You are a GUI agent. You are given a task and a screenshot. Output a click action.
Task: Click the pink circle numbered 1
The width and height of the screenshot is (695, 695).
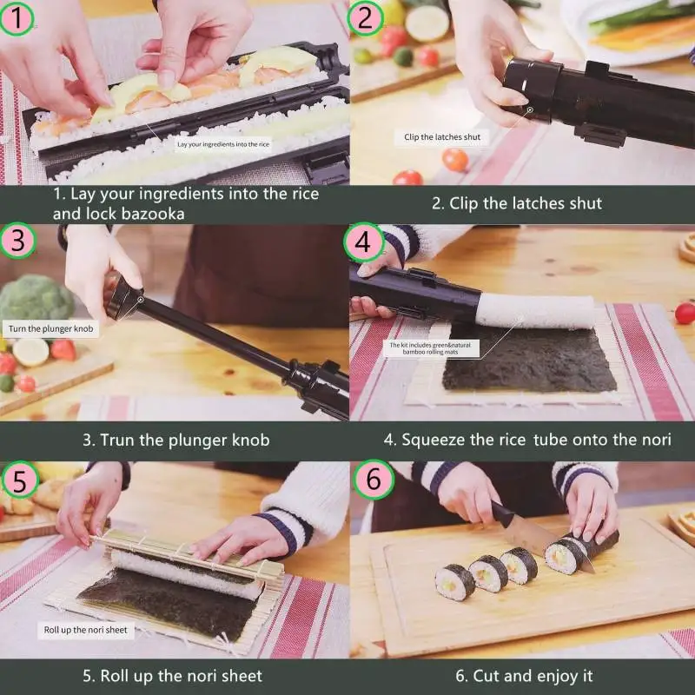[17, 17]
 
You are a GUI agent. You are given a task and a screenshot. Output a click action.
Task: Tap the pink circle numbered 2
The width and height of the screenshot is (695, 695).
[365, 17]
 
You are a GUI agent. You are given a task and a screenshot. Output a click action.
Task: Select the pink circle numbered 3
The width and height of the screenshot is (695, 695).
[17, 241]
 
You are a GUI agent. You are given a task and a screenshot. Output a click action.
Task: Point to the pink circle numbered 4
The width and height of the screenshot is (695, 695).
[363, 242]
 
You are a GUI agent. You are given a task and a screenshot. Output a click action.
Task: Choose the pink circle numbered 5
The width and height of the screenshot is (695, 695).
[19, 480]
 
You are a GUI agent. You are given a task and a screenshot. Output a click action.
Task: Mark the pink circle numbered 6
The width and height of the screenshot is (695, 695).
[374, 480]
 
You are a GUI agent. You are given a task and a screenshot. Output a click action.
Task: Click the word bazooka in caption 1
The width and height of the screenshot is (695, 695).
[153, 214]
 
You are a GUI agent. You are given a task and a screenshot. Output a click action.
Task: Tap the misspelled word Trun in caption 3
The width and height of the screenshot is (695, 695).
[117, 440]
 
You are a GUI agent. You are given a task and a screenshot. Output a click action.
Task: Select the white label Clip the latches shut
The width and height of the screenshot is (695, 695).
[442, 137]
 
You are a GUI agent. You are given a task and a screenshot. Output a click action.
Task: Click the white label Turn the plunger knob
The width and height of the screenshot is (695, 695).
[50, 329]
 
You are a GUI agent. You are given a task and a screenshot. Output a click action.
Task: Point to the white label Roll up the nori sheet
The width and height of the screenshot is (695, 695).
[85, 630]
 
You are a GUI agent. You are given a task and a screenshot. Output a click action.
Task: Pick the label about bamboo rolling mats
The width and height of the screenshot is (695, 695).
[431, 348]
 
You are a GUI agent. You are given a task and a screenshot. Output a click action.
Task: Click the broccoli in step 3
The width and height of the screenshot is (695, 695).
[36, 298]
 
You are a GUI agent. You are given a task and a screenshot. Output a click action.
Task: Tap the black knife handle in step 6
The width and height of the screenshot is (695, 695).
[502, 514]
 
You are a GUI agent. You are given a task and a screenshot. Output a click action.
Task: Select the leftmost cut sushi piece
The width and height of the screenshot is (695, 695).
[453, 582]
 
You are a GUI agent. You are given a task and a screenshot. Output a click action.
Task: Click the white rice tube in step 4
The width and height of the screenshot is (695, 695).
[535, 311]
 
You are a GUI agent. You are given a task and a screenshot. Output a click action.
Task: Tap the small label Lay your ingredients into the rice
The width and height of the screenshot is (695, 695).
[223, 144]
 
